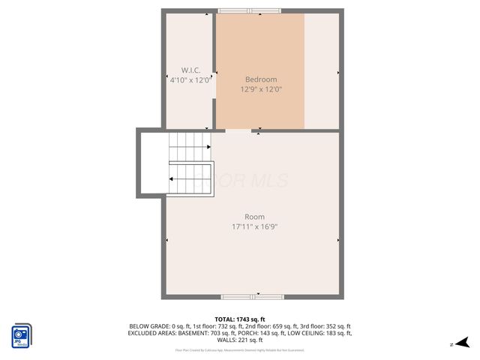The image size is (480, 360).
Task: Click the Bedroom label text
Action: tap(260, 79)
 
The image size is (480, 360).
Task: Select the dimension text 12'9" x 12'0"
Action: tap(260, 89)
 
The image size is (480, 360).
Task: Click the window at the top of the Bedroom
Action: tap(250, 10)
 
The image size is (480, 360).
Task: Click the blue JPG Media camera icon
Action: tap(22, 334)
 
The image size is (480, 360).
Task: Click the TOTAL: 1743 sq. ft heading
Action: tap(240, 319)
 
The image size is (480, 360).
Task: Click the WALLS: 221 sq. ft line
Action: tap(240, 340)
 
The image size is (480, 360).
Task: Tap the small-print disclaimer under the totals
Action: tap(240, 349)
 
